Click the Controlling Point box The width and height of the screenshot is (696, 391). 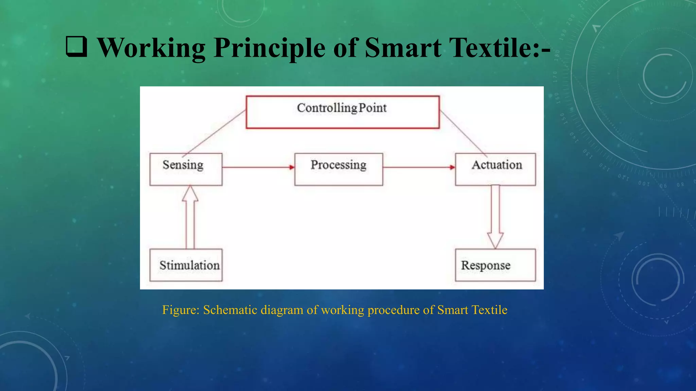(x=343, y=112)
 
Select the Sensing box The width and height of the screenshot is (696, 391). (x=186, y=169)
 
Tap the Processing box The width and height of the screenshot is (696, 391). (x=338, y=169)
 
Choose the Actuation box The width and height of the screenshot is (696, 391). (x=495, y=169)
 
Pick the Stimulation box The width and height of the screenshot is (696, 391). (x=186, y=265)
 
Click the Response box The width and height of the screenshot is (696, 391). (x=495, y=265)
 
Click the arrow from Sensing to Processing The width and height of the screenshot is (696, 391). (x=258, y=167)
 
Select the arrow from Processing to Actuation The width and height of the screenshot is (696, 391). (x=419, y=167)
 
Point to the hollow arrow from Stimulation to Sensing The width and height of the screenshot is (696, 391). (x=190, y=217)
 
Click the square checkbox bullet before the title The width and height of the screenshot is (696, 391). (x=76, y=46)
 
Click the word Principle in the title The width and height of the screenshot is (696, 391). (x=269, y=48)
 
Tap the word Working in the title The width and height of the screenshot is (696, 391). (x=152, y=48)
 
